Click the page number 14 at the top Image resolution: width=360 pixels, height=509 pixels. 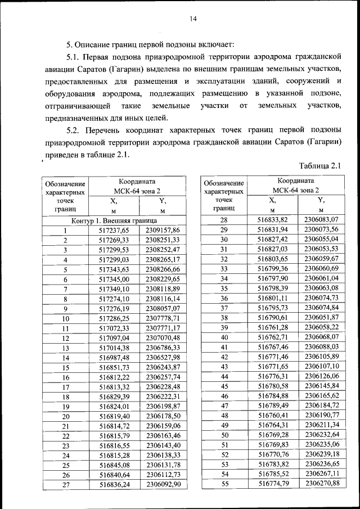[x=192, y=19]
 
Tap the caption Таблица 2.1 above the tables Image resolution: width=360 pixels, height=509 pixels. [x=321, y=165]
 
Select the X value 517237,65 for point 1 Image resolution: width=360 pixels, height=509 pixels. [x=114, y=230]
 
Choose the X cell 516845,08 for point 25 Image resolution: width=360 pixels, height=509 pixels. [x=114, y=466]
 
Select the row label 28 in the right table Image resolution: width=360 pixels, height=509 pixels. [x=223, y=220]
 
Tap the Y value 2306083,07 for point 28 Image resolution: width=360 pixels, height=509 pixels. [x=321, y=220]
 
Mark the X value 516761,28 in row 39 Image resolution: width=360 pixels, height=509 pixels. [x=272, y=327]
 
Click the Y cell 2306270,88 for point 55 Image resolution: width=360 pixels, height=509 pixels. [x=321, y=484]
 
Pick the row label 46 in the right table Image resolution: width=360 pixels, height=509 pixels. [x=223, y=396]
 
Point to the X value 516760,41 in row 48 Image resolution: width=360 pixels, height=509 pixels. [x=272, y=415]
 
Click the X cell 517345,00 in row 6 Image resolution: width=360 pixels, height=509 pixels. [x=114, y=280]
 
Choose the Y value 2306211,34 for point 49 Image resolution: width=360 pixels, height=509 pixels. [x=321, y=425]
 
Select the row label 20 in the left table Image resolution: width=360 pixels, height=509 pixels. [x=65, y=416]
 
